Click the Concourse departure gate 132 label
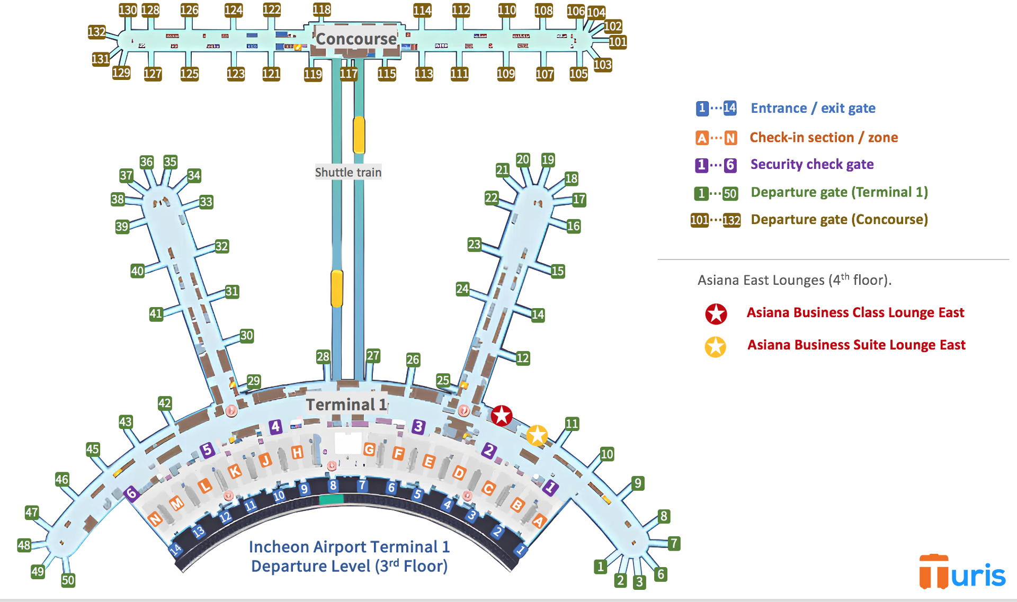click(96, 32)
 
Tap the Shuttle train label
click(348, 172)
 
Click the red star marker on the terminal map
click(501, 416)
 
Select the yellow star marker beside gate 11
click(537, 435)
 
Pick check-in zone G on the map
click(369, 450)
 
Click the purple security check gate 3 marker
click(418, 426)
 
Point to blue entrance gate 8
click(333, 486)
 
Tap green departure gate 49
click(37, 571)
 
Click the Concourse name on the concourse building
click(356, 39)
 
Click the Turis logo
click(962, 572)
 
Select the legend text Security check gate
click(811, 164)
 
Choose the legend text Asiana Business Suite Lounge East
click(856, 345)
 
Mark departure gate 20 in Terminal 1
click(523, 159)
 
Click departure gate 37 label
click(126, 175)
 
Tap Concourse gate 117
click(349, 74)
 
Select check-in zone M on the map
click(176, 502)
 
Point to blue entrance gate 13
click(198, 531)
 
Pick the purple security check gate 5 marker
click(207, 450)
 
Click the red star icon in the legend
click(716, 313)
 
